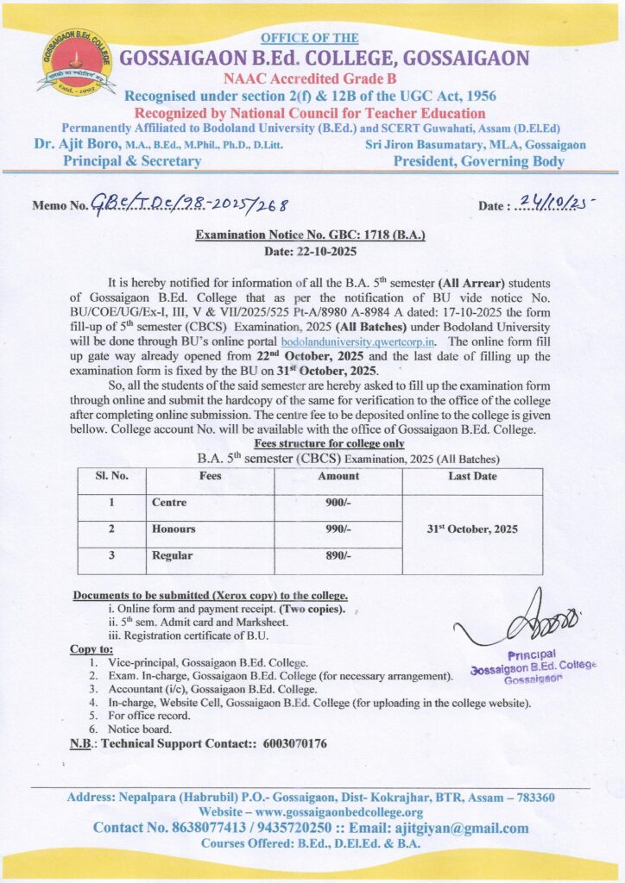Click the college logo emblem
click(76, 62)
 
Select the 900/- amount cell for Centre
click(338, 503)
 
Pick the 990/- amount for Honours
click(338, 529)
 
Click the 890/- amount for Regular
click(338, 557)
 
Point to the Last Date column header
click(472, 476)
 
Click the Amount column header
click(338, 476)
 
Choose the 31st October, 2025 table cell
click(472, 529)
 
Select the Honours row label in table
click(174, 529)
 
